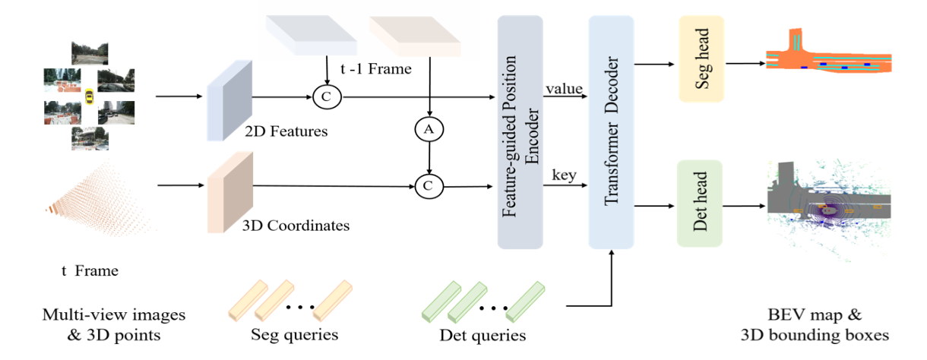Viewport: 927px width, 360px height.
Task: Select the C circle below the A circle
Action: point(429,185)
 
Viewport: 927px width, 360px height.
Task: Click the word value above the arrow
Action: point(563,89)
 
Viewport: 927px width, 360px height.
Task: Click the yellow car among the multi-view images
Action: point(90,96)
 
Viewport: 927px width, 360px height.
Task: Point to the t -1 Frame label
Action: point(375,70)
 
